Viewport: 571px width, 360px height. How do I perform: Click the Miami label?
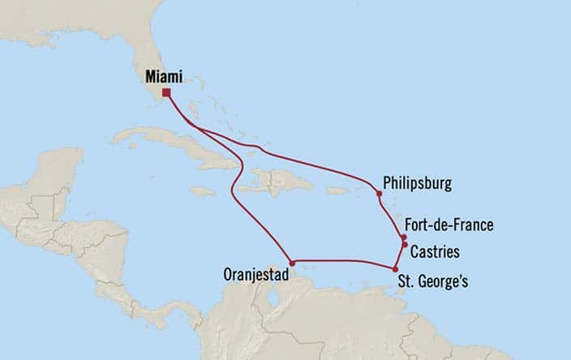[x=162, y=77]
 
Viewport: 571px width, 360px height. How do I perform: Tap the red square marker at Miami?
[x=166, y=92]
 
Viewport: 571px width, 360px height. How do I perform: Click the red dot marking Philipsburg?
[x=379, y=194]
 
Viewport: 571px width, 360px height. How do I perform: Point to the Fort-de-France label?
[x=450, y=225]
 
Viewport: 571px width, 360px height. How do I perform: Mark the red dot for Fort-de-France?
[x=403, y=237]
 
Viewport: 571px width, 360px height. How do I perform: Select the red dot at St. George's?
[x=395, y=269]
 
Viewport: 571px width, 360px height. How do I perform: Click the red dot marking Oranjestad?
[x=291, y=263]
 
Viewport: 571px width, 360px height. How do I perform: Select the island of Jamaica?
[x=204, y=191]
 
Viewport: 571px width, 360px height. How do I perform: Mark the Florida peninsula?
[x=154, y=57]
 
